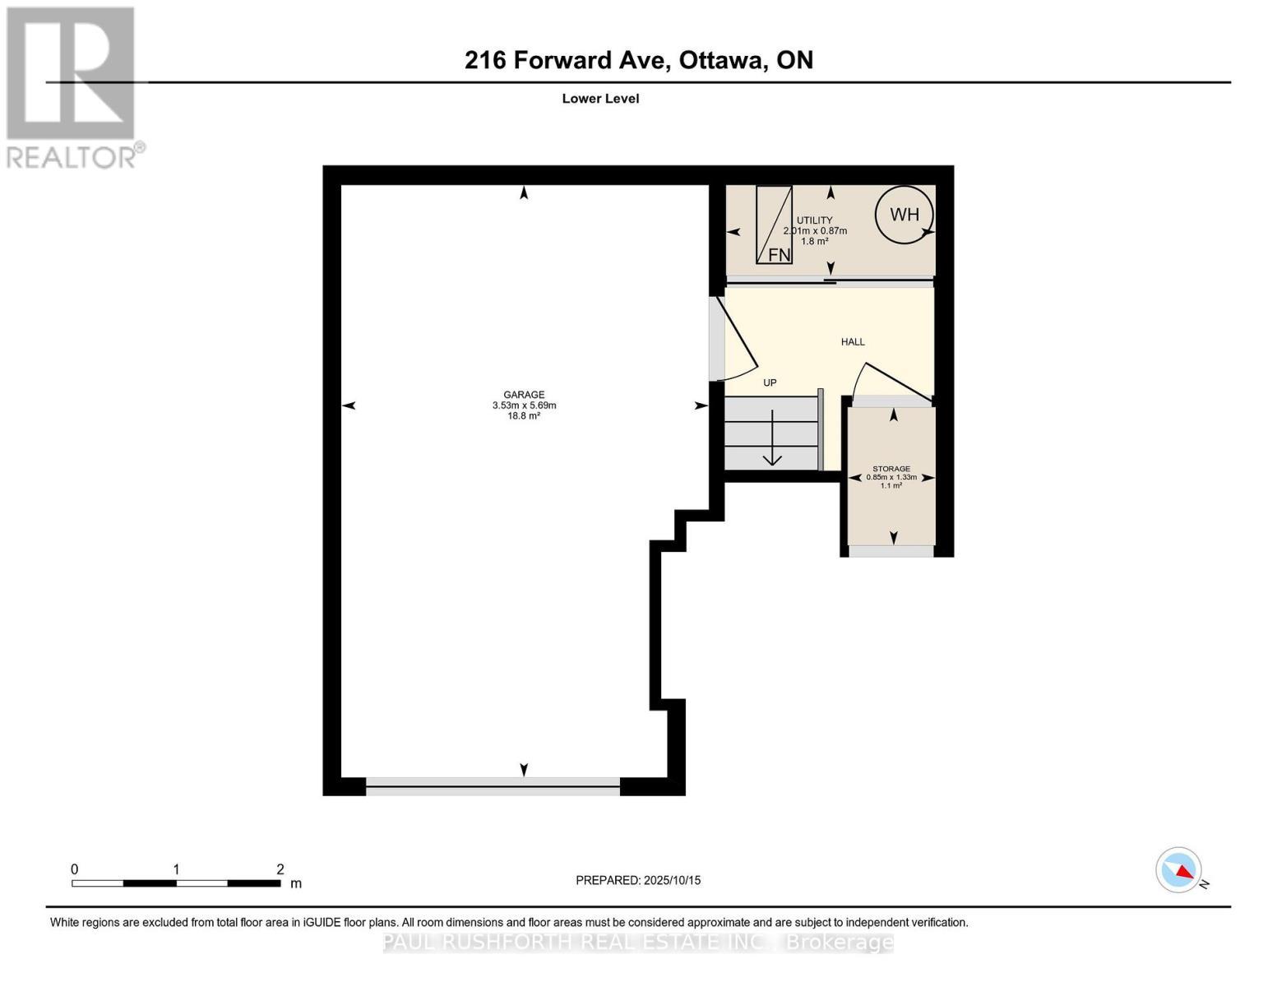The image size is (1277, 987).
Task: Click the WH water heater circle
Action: [x=904, y=215]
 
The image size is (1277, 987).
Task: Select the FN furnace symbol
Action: [x=774, y=225]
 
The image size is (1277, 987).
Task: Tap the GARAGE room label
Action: [x=524, y=395]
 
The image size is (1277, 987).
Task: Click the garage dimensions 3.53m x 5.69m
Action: [x=524, y=405]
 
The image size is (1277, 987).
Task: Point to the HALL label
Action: [x=853, y=342]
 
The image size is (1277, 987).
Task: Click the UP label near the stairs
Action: [x=770, y=382]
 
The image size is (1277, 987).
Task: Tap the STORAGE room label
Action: [x=891, y=469]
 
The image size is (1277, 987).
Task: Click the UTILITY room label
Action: [x=814, y=220]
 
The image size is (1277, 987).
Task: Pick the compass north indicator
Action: [x=1179, y=870]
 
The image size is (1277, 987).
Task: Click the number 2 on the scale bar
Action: [x=280, y=869]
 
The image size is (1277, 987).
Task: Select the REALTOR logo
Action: [x=72, y=86]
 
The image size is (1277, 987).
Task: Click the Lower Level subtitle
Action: [x=600, y=99]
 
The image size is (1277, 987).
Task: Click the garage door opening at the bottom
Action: [x=493, y=786]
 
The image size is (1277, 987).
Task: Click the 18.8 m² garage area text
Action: [x=524, y=416]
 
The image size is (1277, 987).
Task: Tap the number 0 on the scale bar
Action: [x=75, y=869]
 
